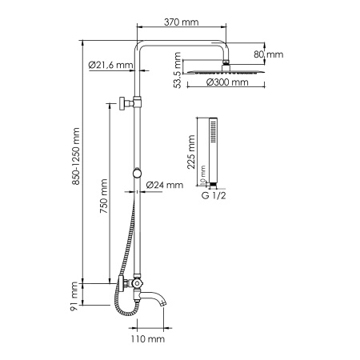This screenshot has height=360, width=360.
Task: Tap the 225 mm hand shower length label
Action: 192,150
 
